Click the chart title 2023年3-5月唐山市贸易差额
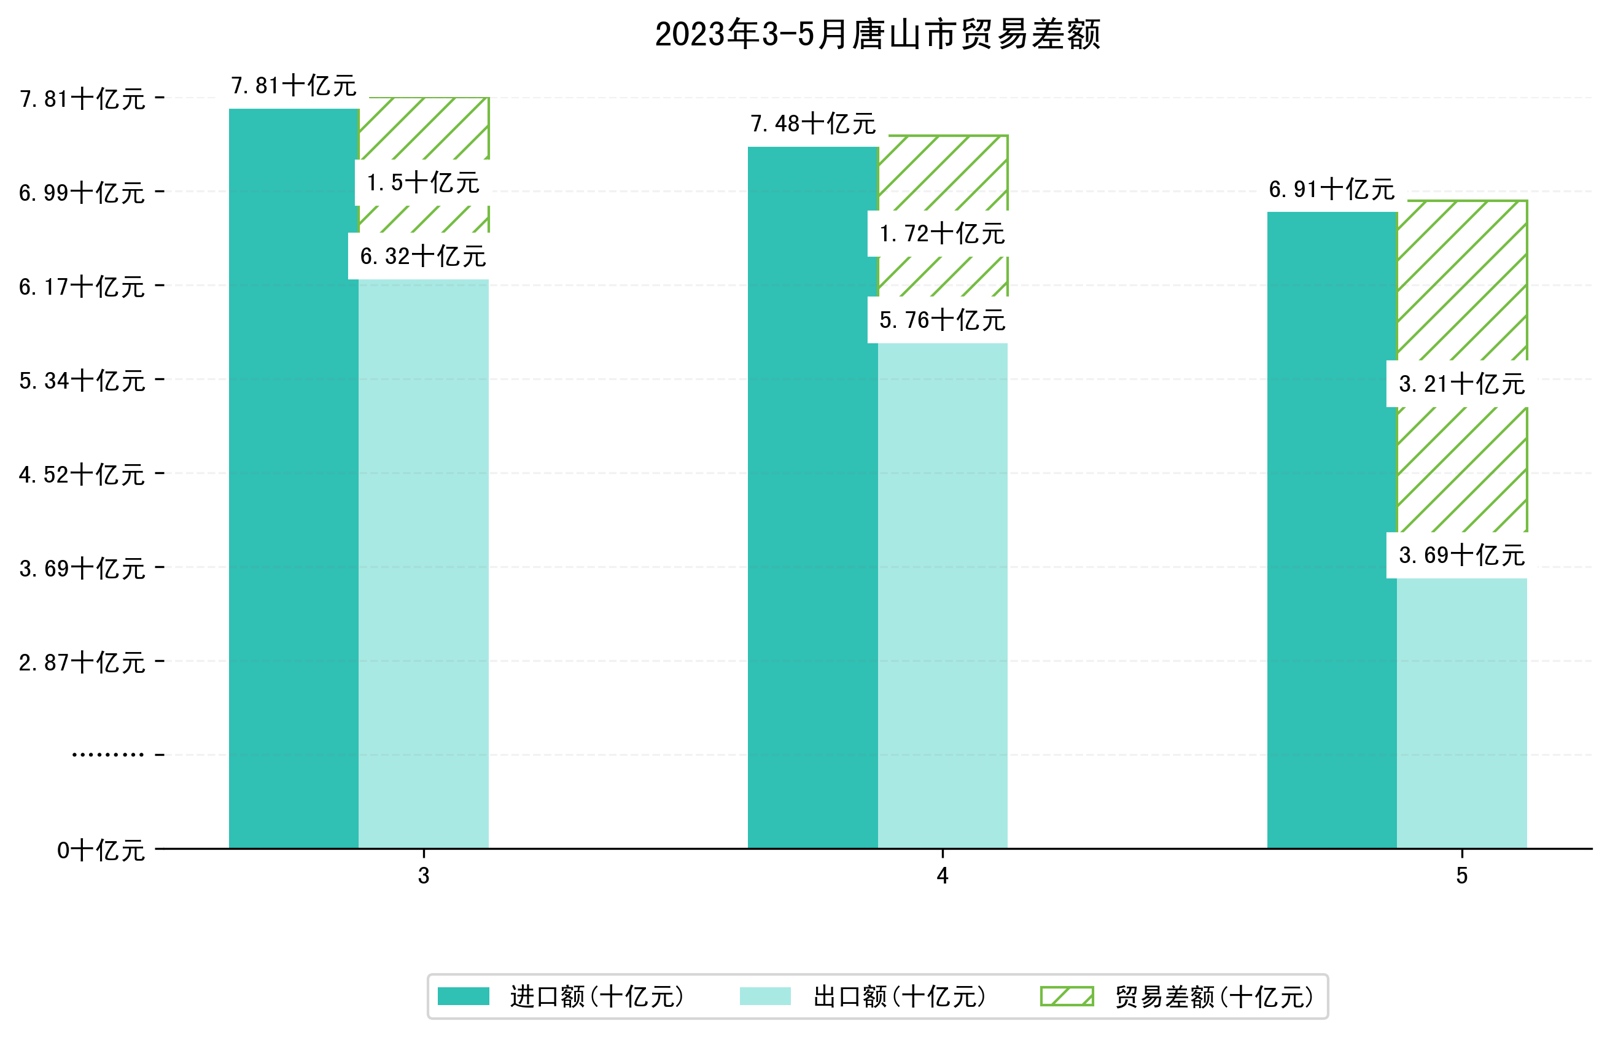tap(877, 34)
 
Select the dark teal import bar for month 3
tap(294, 478)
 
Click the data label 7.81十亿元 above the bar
tap(294, 85)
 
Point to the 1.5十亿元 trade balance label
tap(422, 182)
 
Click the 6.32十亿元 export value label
tap(422, 256)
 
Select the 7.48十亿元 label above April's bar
tap(813, 124)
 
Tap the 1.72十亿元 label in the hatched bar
tap(941, 234)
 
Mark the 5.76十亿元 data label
tap(941, 320)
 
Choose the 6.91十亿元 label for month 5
tap(1331, 189)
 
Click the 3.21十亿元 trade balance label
tap(1461, 384)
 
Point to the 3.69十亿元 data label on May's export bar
tap(1461, 555)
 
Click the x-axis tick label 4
tap(942, 876)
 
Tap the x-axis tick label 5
tap(1461, 876)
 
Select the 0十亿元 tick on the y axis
tap(100, 850)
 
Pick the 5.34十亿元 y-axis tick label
tap(82, 381)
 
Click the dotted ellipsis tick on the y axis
tap(107, 755)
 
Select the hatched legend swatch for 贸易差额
tap(1067, 996)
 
